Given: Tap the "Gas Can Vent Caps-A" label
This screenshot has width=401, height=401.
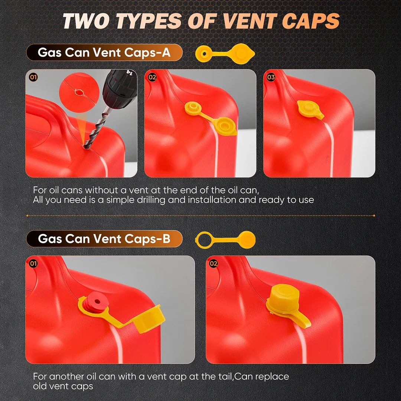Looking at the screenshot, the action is (x=104, y=52).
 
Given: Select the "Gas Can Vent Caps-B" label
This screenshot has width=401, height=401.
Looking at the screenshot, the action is (x=104, y=239).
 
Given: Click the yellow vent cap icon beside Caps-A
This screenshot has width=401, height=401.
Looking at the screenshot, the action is (x=225, y=54).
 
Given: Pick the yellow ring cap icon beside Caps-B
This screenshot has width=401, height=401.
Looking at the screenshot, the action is (x=225, y=239).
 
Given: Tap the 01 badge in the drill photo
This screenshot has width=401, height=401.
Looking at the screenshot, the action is (x=33, y=77).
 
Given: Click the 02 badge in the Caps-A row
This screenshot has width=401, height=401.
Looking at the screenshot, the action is (x=152, y=77).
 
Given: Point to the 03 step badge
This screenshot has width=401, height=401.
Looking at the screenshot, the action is (x=271, y=77).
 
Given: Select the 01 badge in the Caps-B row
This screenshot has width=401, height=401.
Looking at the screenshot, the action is (x=33, y=263).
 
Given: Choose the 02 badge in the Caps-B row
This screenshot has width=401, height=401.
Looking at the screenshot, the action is (x=213, y=263).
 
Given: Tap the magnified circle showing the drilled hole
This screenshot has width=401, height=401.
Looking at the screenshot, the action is (x=79, y=92).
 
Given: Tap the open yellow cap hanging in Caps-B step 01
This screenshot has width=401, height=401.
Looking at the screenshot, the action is (x=148, y=319).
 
